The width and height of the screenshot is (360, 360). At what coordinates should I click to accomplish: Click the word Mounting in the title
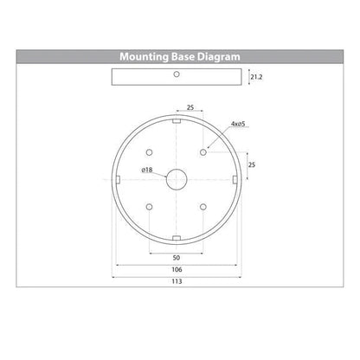click(x=144, y=57)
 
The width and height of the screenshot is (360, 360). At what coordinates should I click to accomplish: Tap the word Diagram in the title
click(x=219, y=57)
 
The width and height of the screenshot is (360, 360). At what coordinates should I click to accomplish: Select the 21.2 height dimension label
click(x=256, y=77)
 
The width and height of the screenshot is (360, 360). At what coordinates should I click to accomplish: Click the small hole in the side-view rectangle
click(x=177, y=74)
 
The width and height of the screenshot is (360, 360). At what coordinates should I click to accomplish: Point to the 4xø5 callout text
click(x=238, y=124)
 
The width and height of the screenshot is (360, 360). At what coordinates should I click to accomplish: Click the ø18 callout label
click(x=147, y=170)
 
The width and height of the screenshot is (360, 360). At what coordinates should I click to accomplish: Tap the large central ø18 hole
click(x=177, y=179)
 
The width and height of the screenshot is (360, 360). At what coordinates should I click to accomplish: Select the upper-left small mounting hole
click(x=149, y=152)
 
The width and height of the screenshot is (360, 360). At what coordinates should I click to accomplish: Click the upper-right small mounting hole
click(x=203, y=152)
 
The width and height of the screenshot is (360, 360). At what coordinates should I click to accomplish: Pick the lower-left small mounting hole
click(x=149, y=207)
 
